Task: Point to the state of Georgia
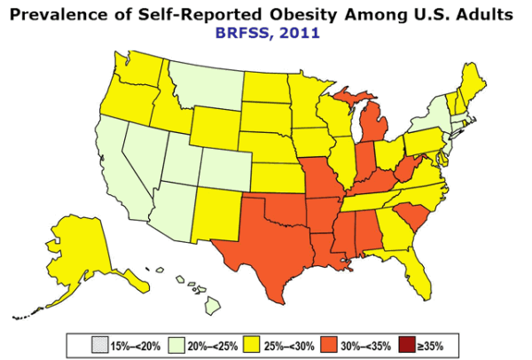(x=395, y=231)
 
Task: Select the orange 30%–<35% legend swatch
(x=337, y=342)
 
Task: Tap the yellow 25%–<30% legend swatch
(x=254, y=342)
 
